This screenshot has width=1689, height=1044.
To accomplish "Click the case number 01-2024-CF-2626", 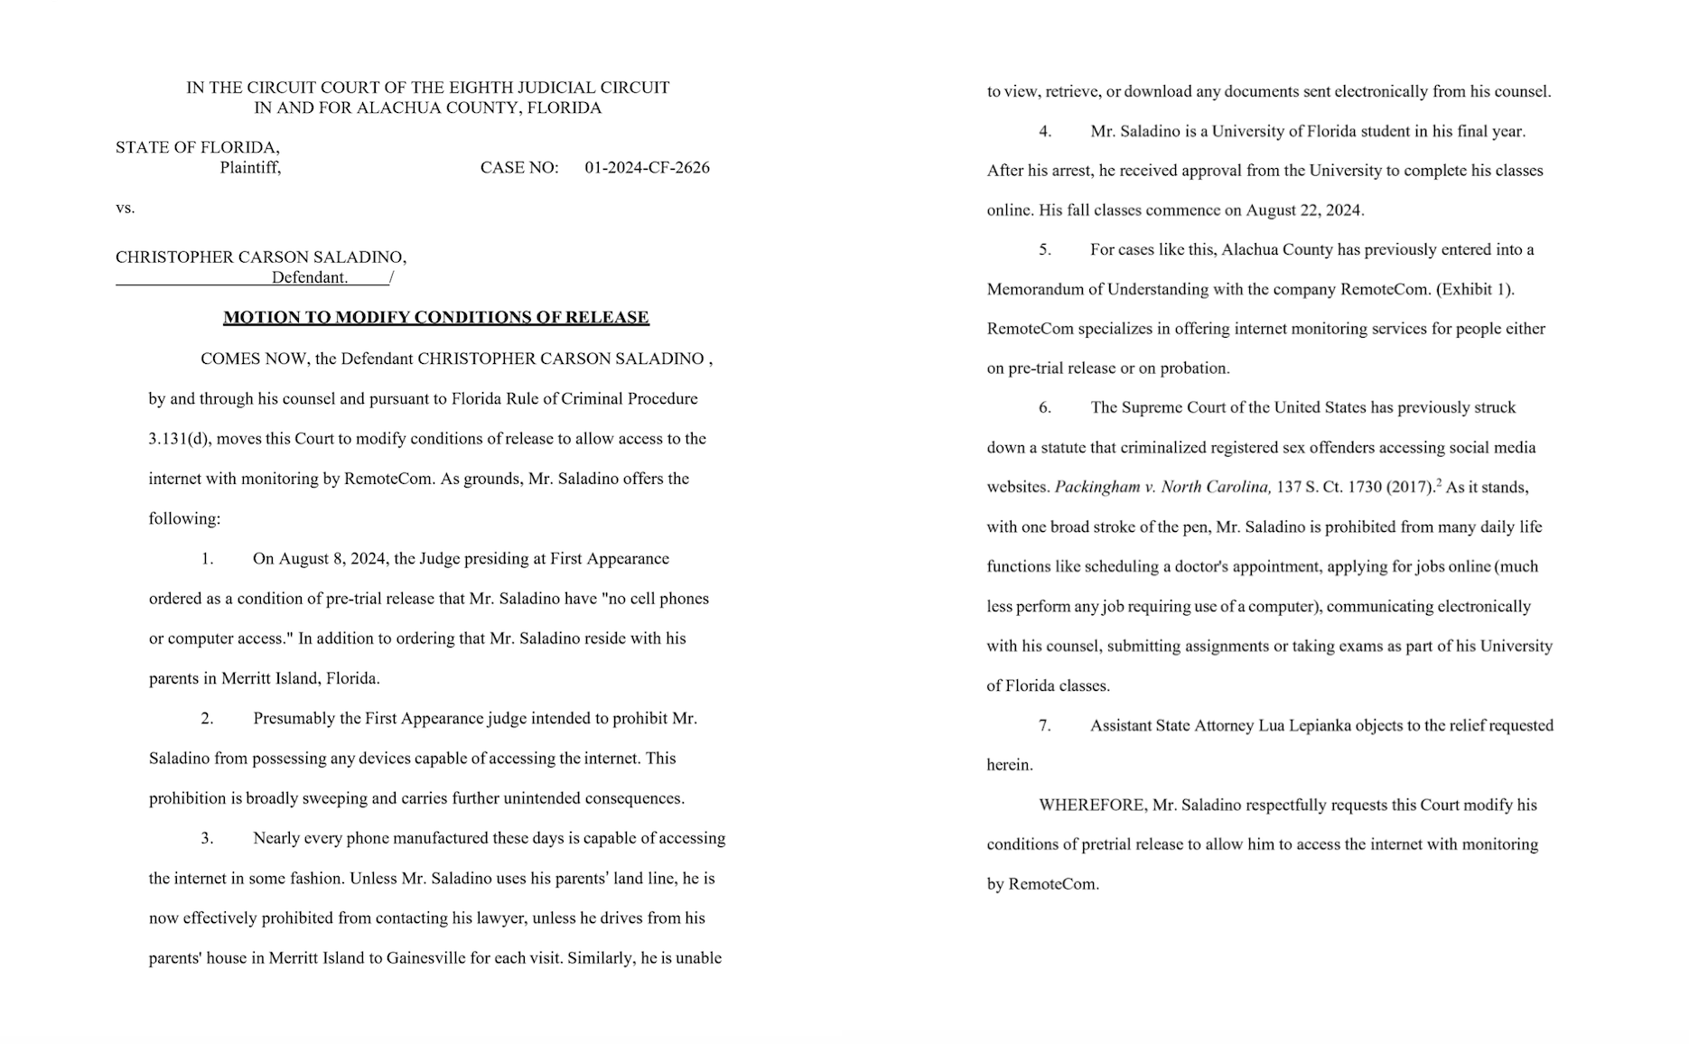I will point(647,167).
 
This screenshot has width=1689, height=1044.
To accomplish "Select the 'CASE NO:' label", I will point(519,167).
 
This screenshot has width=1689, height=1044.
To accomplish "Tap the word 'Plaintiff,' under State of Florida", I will point(250,167).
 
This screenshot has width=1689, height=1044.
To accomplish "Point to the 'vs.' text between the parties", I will point(125,208).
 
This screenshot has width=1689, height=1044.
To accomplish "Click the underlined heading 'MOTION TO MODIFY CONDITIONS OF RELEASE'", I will point(436,317).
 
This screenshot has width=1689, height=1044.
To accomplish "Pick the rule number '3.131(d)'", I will point(179,439).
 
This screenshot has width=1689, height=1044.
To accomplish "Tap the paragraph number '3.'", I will point(207,838).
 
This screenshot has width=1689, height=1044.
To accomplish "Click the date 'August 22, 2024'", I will point(1303,210).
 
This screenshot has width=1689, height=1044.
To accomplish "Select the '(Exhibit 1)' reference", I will point(1475,289).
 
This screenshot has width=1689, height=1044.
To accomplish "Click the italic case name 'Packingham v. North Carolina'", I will point(1162,487).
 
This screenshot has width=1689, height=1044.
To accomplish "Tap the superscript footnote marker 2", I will point(1439,482).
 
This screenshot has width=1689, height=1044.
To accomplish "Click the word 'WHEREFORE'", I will point(1092,805).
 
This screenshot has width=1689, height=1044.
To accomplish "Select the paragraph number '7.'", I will point(1044,725).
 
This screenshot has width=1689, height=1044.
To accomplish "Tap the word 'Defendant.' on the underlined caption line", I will point(310,277).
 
